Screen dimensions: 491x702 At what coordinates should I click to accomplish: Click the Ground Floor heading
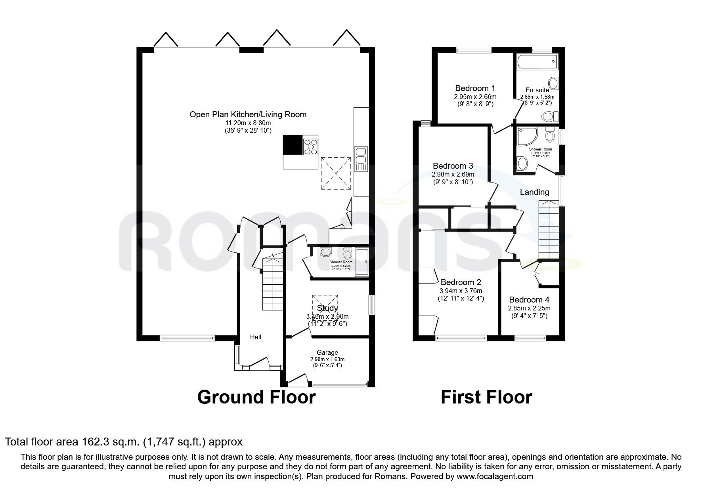[x=256, y=397]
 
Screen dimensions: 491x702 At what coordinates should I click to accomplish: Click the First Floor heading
[x=486, y=397]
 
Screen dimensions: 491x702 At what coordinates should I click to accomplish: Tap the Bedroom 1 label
[x=475, y=88]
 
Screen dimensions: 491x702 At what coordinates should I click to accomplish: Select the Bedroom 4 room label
[x=529, y=300]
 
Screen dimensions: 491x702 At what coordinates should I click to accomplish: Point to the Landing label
[x=534, y=192]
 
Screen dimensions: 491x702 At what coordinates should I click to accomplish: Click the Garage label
[x=327, y=352]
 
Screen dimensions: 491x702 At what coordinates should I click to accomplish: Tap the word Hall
[x=255, y=337]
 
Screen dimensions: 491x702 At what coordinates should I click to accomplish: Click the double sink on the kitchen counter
[x=361, y=155]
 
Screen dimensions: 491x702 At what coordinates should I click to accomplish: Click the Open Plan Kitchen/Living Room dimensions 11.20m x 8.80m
[x=248, y=123]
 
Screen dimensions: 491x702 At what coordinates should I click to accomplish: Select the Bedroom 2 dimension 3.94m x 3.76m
[x=461, y=291]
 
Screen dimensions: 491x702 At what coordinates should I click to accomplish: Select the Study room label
[x=327, y=308]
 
